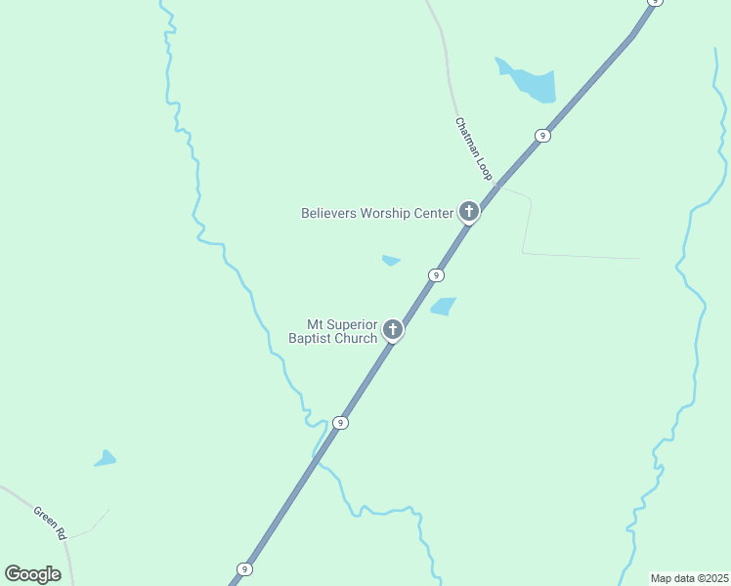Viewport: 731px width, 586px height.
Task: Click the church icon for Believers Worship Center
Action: tap(469, 211)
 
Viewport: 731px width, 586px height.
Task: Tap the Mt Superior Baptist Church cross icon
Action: tap(393, 329)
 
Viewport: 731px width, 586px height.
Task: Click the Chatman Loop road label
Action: tap(474, 148)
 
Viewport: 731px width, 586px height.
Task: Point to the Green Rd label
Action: tap(49, 523)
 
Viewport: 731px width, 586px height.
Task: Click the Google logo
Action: tap(32, 573)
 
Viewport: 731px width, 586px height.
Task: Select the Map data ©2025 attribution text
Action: tap(690, 578)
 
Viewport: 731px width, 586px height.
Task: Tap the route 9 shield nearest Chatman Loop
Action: tap(541, 136)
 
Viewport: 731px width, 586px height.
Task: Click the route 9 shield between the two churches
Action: tap(436, 275)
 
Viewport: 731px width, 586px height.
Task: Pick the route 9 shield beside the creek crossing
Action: tap(339, 423)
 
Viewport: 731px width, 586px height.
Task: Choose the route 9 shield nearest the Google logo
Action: tap(244, 568)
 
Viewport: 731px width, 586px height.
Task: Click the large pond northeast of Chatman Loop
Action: tap(533, 83)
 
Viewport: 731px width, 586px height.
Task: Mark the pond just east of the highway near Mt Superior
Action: tap(444, 307)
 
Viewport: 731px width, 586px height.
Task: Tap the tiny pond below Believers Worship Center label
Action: tap(391, 261)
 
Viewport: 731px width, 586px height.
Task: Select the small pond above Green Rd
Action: tap(105, 458)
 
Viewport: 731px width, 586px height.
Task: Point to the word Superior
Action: tap(352, 324)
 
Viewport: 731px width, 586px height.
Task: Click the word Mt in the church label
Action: tap(316, 324)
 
